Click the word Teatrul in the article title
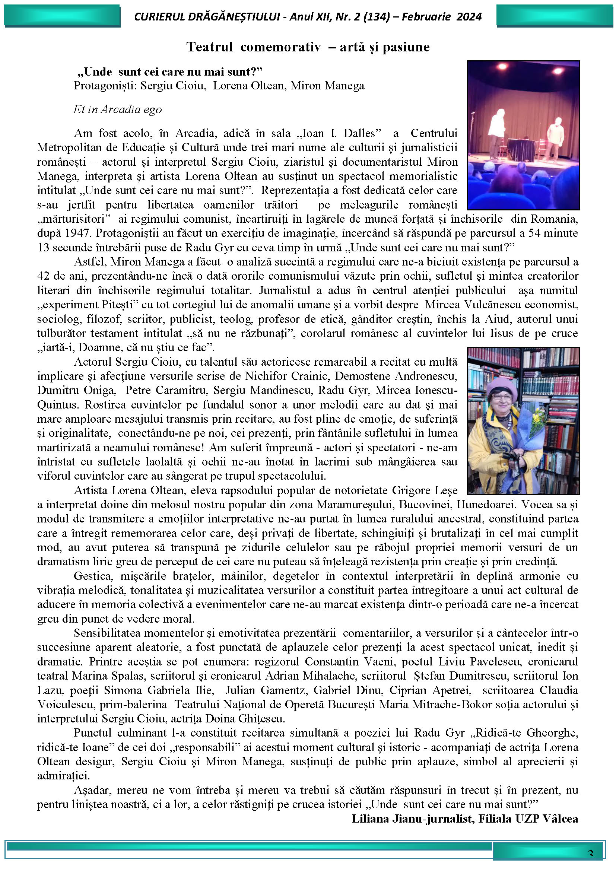(209, 47)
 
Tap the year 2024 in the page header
(469, 17)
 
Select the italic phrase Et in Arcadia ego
(118, 109)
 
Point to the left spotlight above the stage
(501, 66)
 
